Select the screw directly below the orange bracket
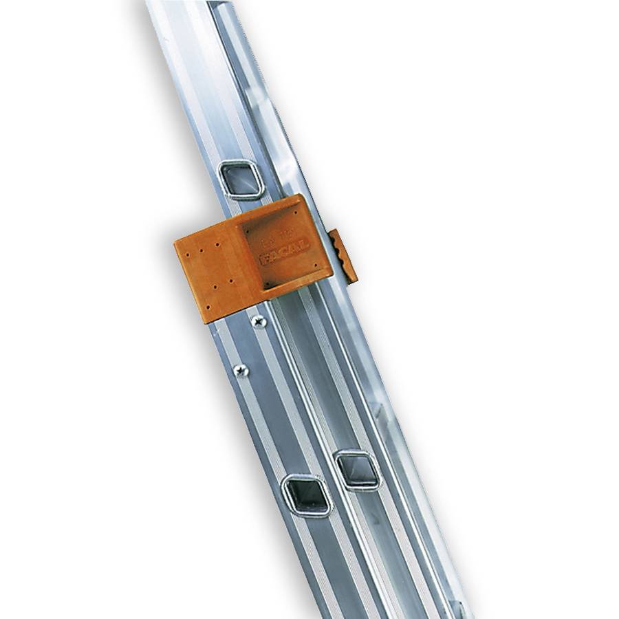tap(259, 321)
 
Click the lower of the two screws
tap(241, 370)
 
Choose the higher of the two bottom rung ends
tap(358, 470)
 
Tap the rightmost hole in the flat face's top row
tap(218, 243)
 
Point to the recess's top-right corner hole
tap(296, 213)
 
